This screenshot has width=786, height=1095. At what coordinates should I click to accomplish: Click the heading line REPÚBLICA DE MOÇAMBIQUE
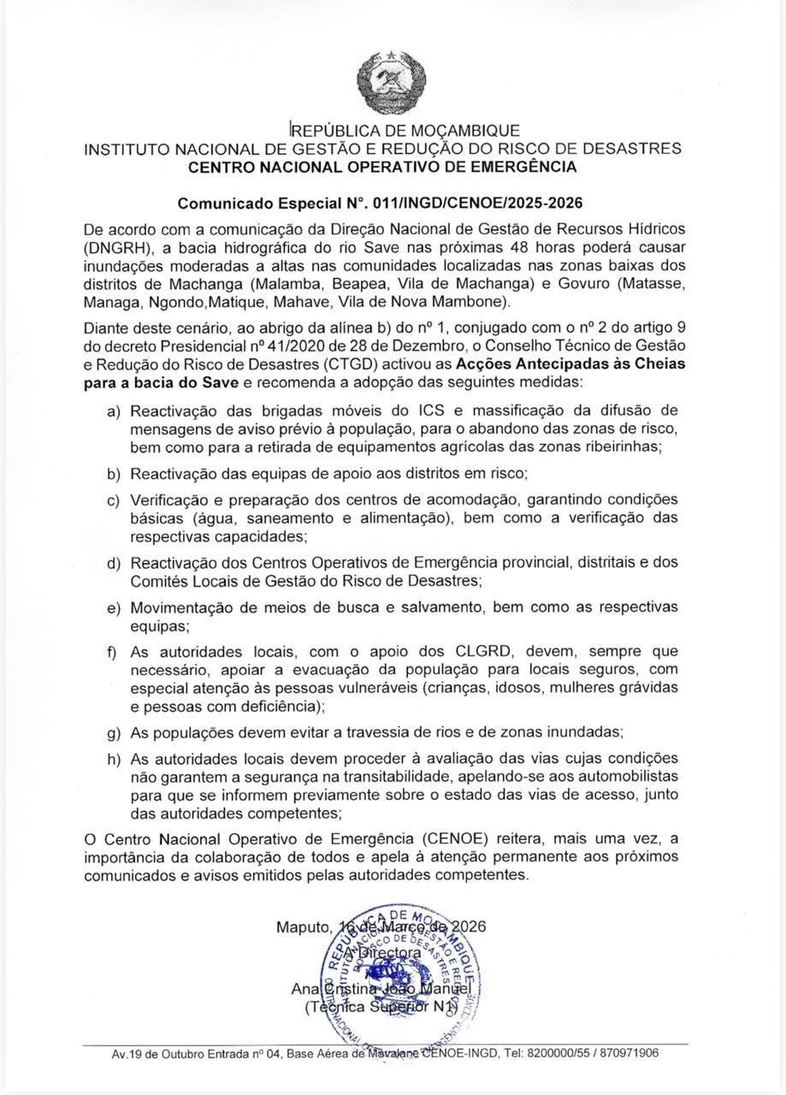coord(405,131)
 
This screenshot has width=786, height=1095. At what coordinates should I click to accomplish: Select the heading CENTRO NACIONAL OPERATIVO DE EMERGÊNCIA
coord(382,167)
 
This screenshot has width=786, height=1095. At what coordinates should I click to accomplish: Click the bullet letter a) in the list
coord(113,411)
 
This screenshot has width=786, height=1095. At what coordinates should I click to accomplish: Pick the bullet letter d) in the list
coord(113,563)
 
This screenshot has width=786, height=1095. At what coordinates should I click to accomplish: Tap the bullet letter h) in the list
coord(113,759)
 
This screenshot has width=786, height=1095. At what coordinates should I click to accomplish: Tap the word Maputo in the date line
coord(303,926)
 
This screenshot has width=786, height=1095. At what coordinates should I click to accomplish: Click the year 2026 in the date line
coord(469,926)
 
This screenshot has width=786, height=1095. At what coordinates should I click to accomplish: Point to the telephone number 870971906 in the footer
coord(624,1053)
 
